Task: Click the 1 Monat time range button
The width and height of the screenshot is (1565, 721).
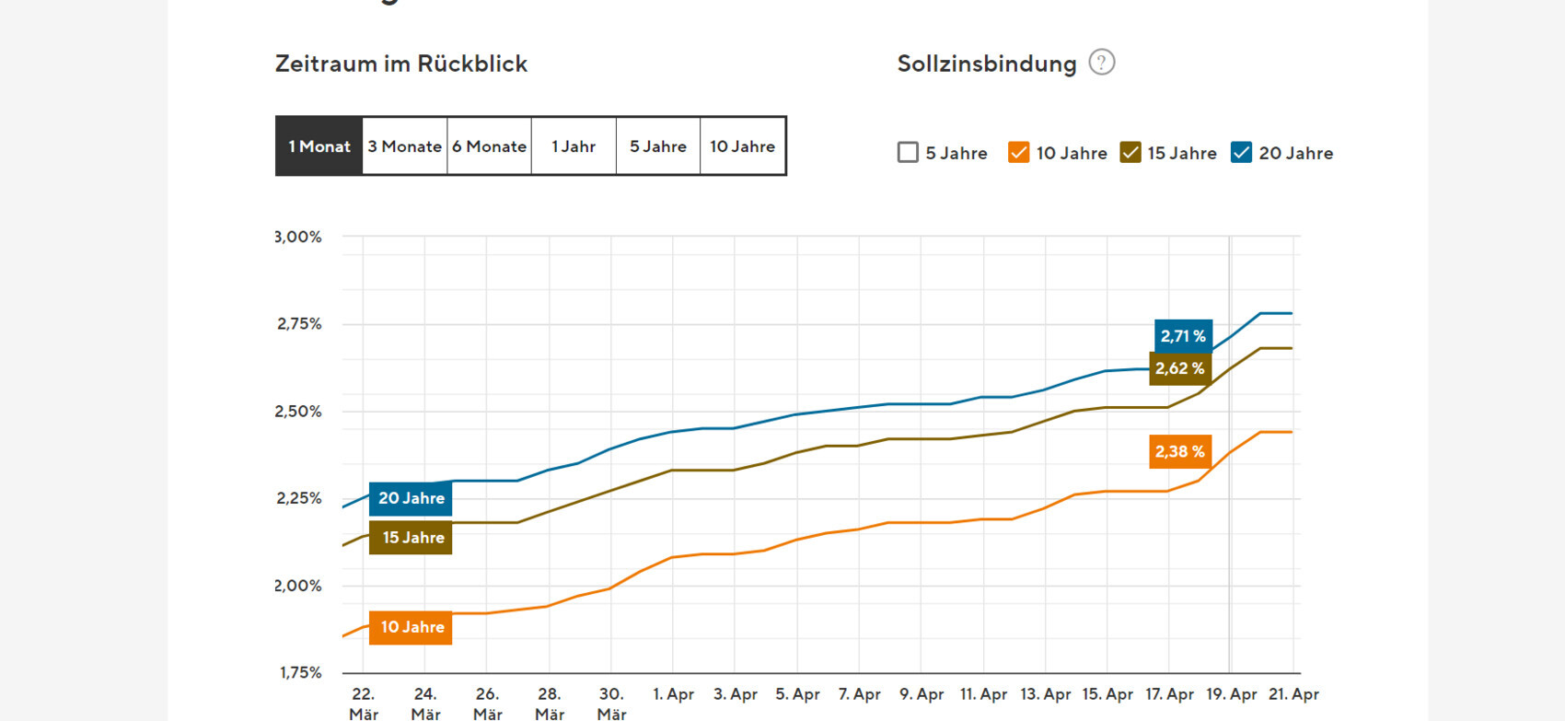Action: pos(319,146)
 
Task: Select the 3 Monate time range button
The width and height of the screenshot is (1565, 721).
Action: pos(404,146)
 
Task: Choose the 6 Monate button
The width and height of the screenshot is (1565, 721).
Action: pos(489,146)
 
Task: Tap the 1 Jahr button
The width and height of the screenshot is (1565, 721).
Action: pos(574,146)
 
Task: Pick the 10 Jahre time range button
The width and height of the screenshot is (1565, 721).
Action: pos(742,146)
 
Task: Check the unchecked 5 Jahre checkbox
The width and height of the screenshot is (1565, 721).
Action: pos(908,153)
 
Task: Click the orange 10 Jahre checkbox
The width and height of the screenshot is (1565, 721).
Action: pos(1018,153)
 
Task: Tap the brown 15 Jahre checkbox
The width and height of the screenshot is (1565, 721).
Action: pos(1130,153)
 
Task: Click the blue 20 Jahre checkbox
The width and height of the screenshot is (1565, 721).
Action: pos(1241,153)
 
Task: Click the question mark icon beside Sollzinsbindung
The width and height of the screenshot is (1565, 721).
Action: pos(1101,63)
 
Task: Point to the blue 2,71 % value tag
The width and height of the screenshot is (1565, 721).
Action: pos(1183,336)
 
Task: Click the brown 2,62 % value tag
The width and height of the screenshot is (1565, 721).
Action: pos(1179,368)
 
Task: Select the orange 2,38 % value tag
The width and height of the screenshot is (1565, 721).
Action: pos(1179,451)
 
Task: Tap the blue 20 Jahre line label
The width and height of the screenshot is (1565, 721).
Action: pos(411,498)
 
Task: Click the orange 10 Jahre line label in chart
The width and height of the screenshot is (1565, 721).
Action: pos(411,627)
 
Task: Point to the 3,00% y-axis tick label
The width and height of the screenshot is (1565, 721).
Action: pos(299,237)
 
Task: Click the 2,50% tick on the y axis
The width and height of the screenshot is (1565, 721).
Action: pos(298,412)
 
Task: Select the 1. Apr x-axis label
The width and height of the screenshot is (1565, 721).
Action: pos(673,694)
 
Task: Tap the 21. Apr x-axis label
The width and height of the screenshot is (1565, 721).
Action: pos(1293,694)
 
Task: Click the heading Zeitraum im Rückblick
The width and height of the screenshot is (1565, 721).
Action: pos(401,64)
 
